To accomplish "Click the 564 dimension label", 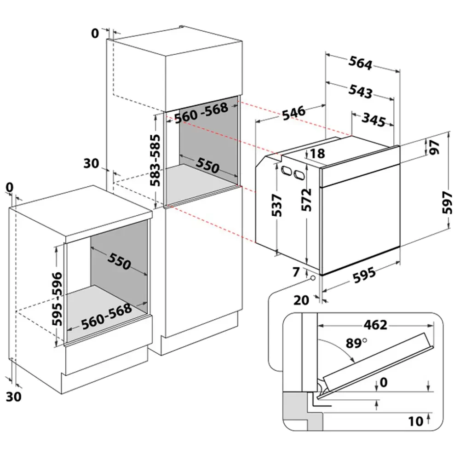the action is coord(360,63).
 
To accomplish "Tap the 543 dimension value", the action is coord(360,91).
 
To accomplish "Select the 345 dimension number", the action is coord(374,120).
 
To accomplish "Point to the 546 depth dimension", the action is coord(293,113).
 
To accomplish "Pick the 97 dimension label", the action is coord(435,147).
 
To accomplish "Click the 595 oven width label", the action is coord(364,275).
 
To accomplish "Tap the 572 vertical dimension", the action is coord(306,200).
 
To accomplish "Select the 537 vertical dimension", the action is coord(276,205).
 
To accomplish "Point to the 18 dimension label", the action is coord(317,154).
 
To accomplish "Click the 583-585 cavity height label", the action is coord(155,160).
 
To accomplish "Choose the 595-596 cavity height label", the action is coord(57,299).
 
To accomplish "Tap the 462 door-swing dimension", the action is coord(375,325).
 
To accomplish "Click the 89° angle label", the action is coord(356,343).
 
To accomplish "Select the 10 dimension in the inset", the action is coord(416,421).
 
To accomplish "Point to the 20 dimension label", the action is coord(301,300).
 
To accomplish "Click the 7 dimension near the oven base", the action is coord(296,272).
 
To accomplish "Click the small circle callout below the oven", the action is coord(313,277).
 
